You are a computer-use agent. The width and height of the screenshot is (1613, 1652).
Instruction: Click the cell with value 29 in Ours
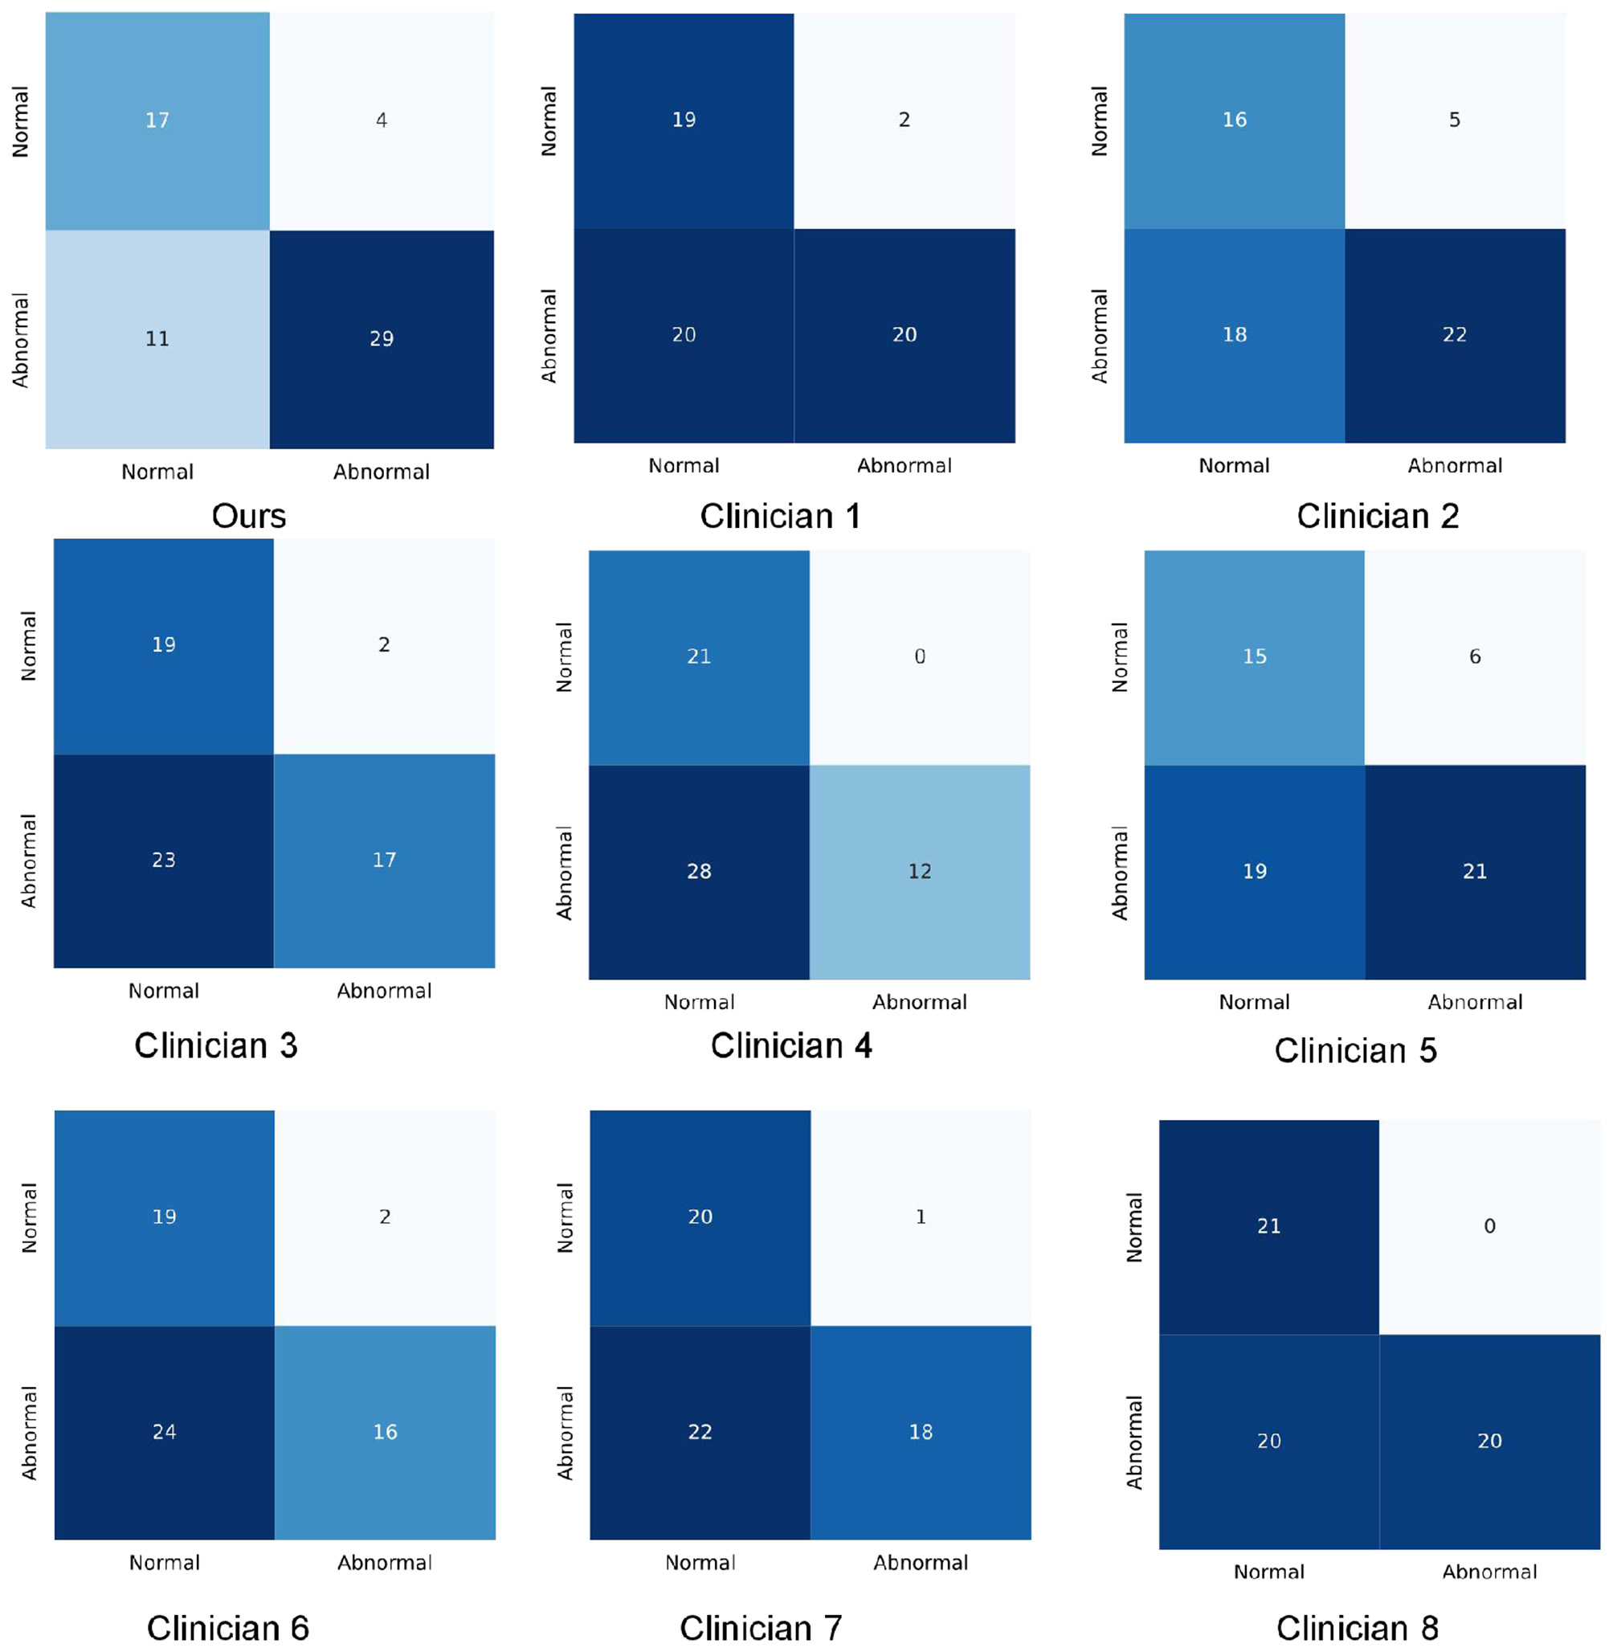click(382, 339)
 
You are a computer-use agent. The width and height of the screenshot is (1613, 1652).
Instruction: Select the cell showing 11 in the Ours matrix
click(157, 339)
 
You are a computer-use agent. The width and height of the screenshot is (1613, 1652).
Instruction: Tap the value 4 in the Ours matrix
click(382, 121)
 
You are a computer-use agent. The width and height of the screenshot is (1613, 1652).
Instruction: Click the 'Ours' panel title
click(248, 516)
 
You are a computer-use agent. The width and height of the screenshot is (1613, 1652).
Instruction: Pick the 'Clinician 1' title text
click(779, 516)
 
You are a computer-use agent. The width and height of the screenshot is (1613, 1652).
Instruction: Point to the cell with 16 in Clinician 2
click(1234, 121)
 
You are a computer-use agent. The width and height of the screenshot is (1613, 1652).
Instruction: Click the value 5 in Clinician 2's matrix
click(1454, 121)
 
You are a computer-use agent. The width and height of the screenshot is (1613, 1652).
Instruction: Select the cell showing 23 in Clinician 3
click(164, 860)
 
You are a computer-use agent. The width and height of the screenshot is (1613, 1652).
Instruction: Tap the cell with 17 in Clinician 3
click(384, 860)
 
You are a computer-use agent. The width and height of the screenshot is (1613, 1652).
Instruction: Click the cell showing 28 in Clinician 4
click(699, 871)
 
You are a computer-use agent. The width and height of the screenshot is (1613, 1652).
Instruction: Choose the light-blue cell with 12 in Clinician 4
click(919, 871)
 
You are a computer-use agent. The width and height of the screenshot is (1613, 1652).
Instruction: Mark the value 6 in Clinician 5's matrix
click(1474, 656)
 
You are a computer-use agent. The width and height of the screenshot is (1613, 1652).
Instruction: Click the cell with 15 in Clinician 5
click(1254, 656)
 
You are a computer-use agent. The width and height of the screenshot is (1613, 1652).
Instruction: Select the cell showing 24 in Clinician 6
click(165, 1432)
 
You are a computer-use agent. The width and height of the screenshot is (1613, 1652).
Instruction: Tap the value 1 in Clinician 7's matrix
click(920, 1217)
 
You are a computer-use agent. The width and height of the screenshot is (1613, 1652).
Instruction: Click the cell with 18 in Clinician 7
click(920, 1432)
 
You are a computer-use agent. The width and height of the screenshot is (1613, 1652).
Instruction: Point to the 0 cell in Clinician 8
click(1488, 1226)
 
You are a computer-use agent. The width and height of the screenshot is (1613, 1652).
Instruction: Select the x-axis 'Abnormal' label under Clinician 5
click(1474, 1002)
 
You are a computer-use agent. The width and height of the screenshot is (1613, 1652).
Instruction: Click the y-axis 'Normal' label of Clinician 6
click(30, 1217)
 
